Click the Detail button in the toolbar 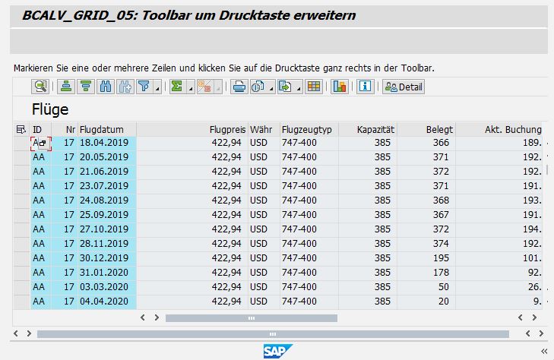pyautogui.click(x=404, y=87)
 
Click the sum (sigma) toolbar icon pyautogui.click(x=176, y=87)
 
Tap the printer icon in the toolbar pyautogui.click(x=238, y=87)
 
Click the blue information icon pyautogui.click(x=366, y=87)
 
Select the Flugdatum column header pyautogui.click(x=106, y=129)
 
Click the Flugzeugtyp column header pyautogui.click(x=307, y=129)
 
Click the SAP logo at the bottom pyautogui.click(x=277, y=350)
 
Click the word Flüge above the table pyautogui.click(x=50, y=109)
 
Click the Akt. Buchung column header pyautogui.click(x=512, y=129)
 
